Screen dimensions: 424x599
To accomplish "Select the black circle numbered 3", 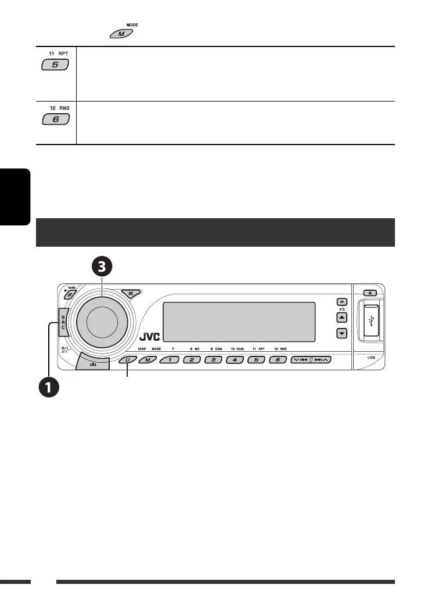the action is pos(102,267).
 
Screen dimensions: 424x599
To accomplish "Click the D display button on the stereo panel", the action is pos(127,360).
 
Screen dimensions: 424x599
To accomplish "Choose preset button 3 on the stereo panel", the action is pos(213,360).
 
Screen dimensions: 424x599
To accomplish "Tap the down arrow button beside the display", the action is pos(342,333).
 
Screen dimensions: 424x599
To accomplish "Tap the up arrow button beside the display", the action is pos(342,317).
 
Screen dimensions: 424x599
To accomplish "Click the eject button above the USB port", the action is pos(371,293).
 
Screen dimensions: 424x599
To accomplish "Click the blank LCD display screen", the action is pos(240,322).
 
